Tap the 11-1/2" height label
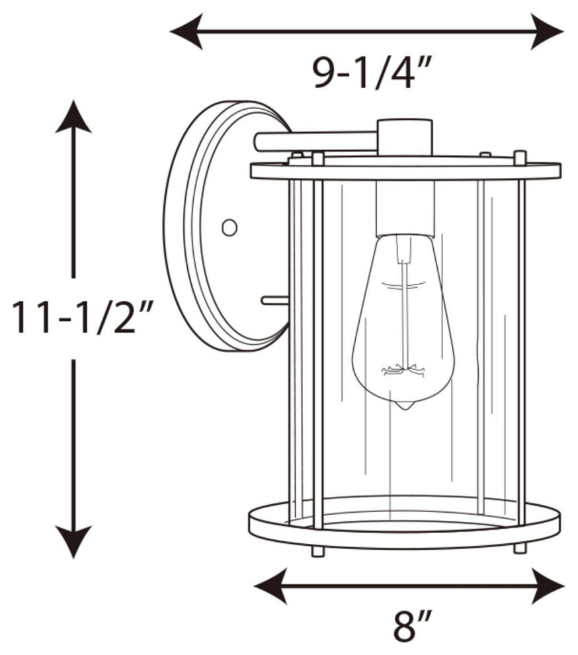pyautogui.click(x=83, y=317)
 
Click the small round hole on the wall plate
pyautogui.click(x=229, y=227)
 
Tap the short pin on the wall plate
pyautogui.click(x=274, y=300)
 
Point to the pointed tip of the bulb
pyautogui.click(x=403, y=405)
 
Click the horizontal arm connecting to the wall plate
pyautogui.click(x=314, y=140)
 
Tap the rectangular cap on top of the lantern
pyautogui.click(x=404, y=136)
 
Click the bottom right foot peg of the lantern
pyautogui.click(x=520, y=548)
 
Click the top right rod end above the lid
pyautogui.click(x=520, y=157)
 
